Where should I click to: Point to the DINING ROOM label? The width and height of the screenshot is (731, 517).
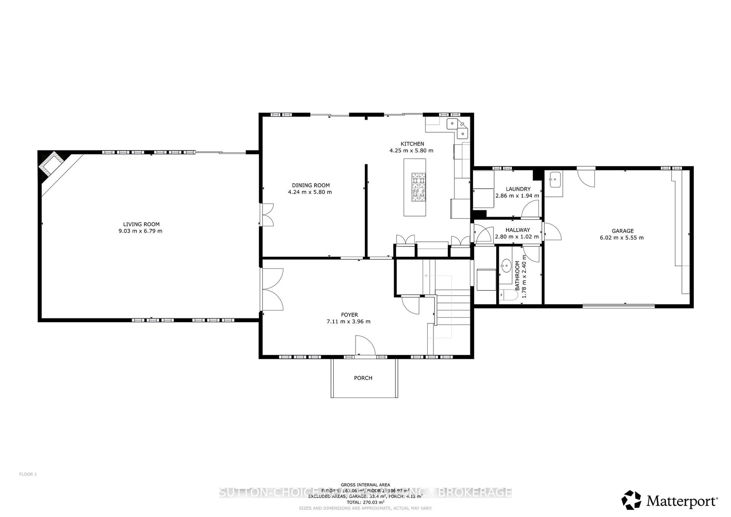click(311, 185)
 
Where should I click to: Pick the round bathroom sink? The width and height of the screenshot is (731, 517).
click(506, 265)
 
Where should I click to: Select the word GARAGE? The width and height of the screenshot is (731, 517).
click(622, 231)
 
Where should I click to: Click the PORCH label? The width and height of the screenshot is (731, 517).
click(363, 378)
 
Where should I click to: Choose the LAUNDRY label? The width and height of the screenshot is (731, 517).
click(518, 189)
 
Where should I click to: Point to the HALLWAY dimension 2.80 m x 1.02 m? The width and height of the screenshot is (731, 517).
click(517, 237)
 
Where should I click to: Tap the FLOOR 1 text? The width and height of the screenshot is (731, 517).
click(28, 474)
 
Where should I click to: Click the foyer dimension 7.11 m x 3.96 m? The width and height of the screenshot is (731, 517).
click(348, 322)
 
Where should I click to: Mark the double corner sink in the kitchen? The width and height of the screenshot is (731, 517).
click(457, 129)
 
